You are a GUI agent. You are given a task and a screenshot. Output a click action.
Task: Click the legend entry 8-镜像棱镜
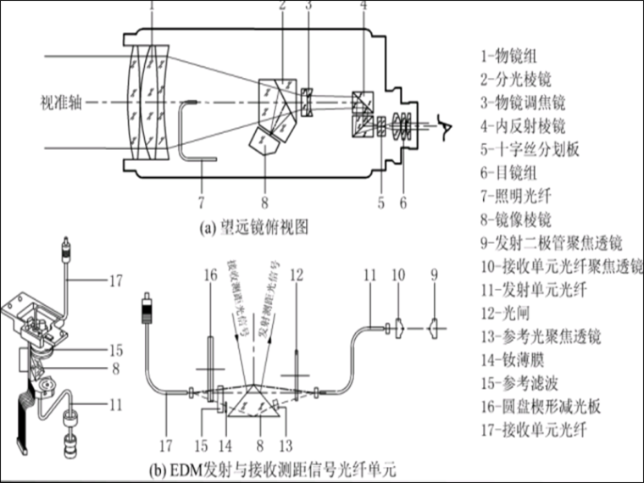click(x=517, y=220)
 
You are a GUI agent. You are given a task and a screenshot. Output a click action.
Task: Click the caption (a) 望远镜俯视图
click(x=253, y=227)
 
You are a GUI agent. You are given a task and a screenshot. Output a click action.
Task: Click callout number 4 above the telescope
click(x=363, y=7)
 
